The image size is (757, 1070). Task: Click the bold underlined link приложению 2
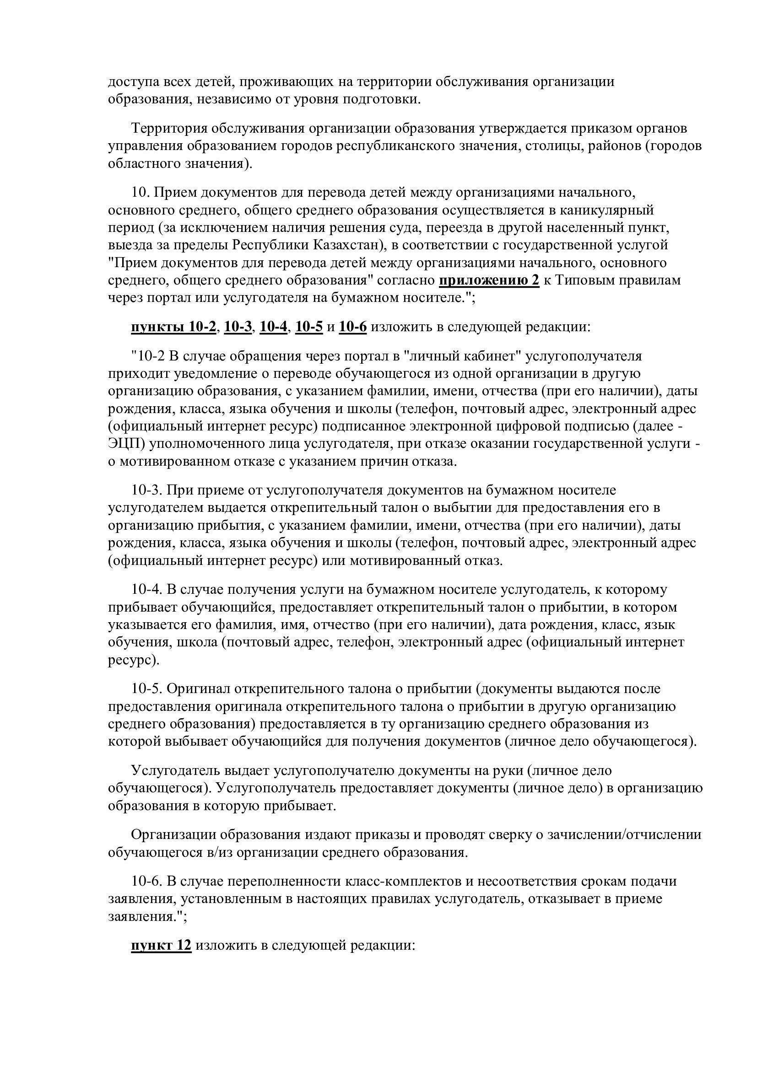(489, 280)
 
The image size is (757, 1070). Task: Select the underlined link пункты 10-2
(173, 327)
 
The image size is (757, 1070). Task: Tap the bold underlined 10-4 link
(273, 327)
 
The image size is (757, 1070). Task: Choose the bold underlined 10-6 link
(353, 327)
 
